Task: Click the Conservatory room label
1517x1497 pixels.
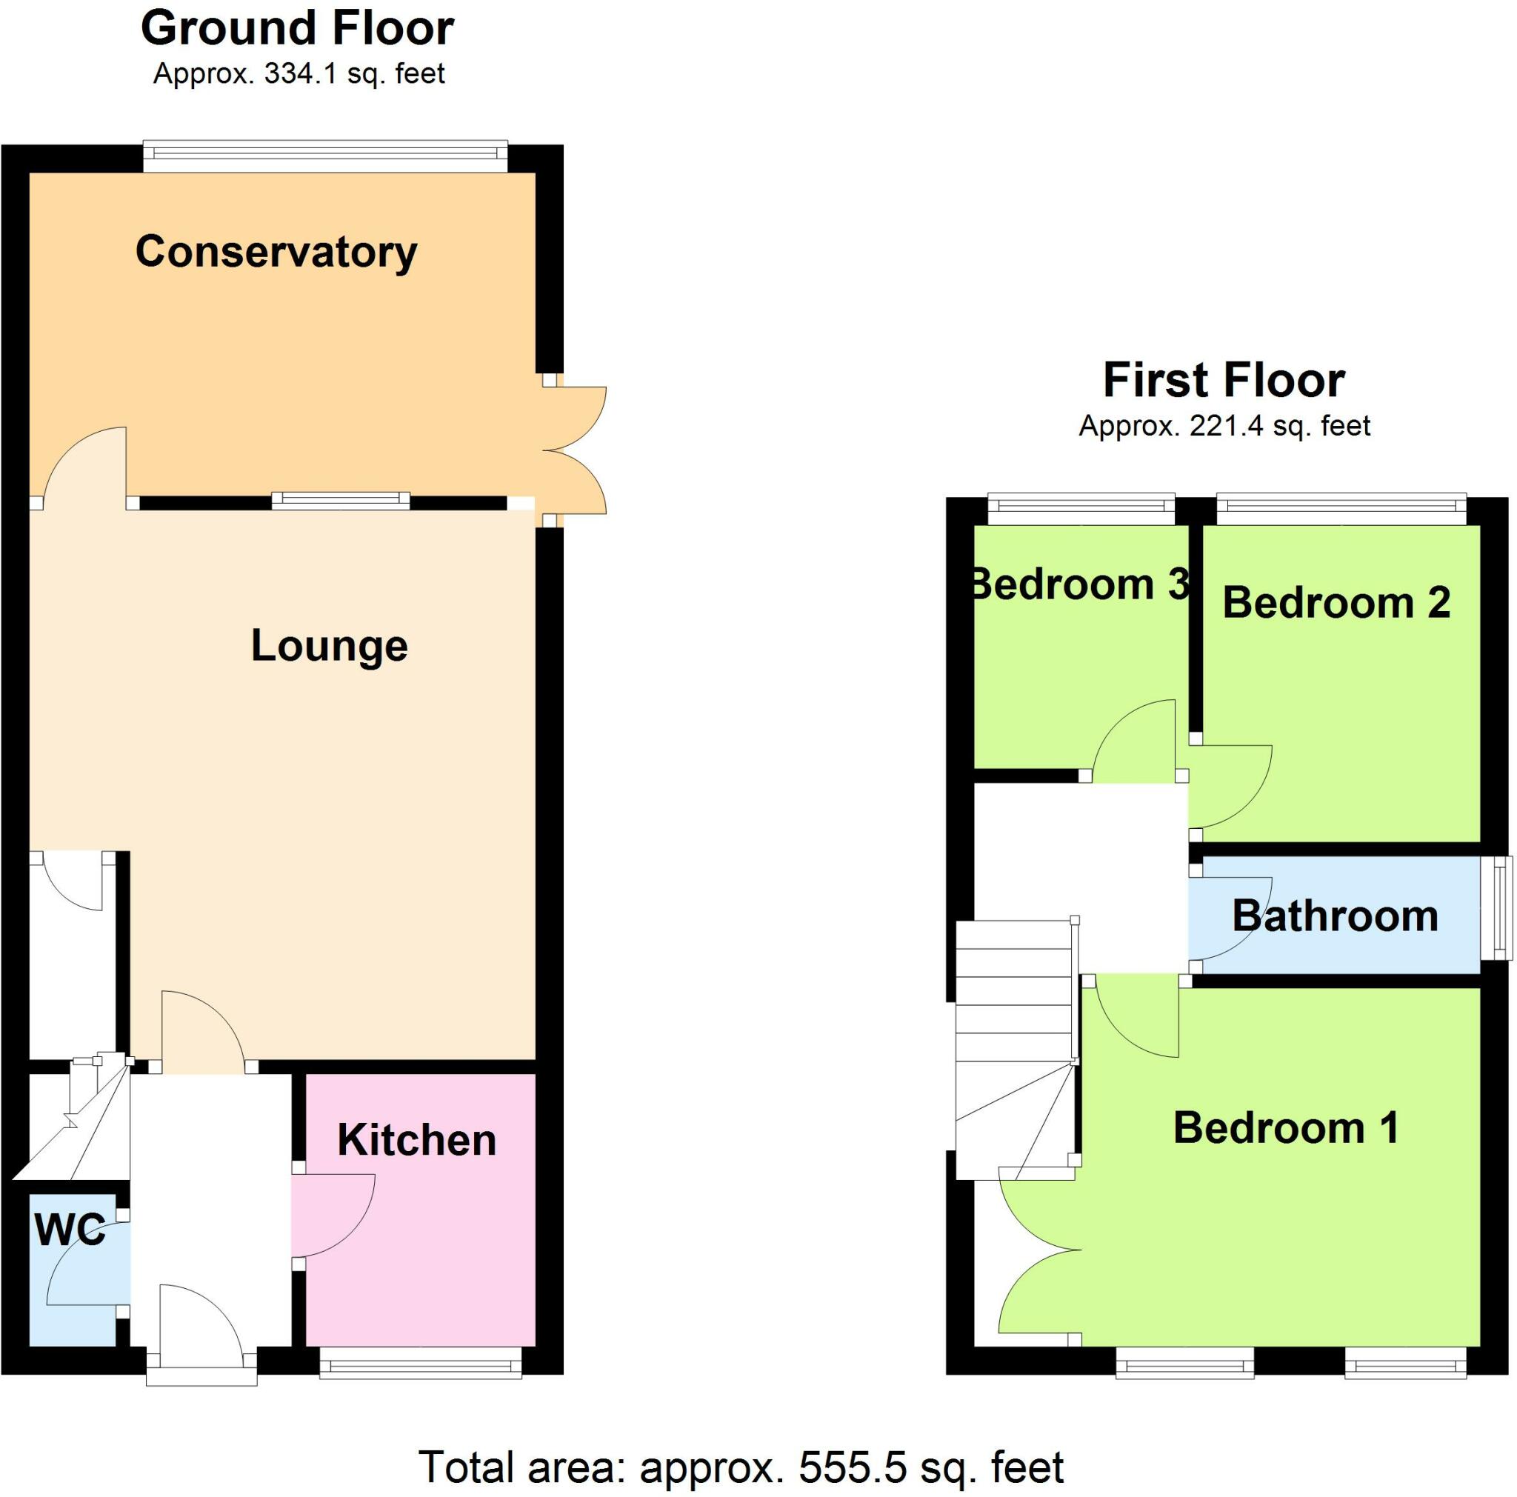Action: point(276,253)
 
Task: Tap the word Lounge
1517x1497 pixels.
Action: point(329,646)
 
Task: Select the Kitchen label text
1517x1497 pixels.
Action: point(416,1140)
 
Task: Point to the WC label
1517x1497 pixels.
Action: point(69,1230)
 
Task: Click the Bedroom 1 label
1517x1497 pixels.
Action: point(1286,1128)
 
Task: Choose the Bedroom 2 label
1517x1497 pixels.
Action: point(1336,603)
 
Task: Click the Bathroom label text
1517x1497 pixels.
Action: point(1335,916)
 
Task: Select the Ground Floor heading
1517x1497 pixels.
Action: point(297,28)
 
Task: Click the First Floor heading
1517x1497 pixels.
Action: point(1224,381)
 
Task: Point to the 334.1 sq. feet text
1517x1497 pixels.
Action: point(354,74)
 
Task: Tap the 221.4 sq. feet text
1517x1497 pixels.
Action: point(1280,426)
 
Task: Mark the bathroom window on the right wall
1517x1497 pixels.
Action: point(1501,907)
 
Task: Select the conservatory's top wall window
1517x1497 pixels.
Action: point(325,156)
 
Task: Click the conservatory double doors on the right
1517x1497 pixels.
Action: point(573,450)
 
